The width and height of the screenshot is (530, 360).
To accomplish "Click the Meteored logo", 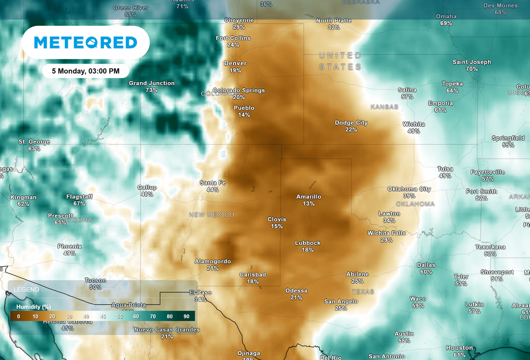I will [x=85, y=42].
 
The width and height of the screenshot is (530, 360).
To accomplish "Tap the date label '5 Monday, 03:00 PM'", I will [x=85, y=70].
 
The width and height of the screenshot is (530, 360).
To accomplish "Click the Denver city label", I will [x=235, y=63].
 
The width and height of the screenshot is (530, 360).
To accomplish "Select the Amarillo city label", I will [x=308, y=197].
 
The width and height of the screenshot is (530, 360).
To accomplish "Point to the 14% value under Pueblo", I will [x=244, y=115].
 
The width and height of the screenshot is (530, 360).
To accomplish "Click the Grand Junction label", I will [x=152, y=83].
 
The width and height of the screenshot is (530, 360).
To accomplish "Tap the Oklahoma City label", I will [x=409, y=189].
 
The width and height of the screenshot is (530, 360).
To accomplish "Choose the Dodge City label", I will [x=351, y=123].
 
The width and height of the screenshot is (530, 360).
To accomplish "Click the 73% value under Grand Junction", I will [x=152, y=90].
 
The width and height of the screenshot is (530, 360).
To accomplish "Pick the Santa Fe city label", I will [x=213, y=183].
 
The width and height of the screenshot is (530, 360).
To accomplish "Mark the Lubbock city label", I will [x=307, y=243].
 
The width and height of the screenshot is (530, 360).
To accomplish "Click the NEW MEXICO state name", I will [x=211, y=214].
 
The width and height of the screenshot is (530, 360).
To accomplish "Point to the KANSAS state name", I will [x=385, y=107].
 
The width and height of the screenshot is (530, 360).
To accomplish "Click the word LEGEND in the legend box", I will [x=26, y=289].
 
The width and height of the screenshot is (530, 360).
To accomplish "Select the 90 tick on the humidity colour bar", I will [x=186, y=316].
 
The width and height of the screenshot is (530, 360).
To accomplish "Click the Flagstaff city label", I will [x=79, y=197].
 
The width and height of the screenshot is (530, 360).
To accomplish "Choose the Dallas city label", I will [x=426, y=265].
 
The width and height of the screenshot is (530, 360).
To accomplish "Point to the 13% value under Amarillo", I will [x=308, y=204].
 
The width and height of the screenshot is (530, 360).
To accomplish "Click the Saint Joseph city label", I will [x=472, y=62].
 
